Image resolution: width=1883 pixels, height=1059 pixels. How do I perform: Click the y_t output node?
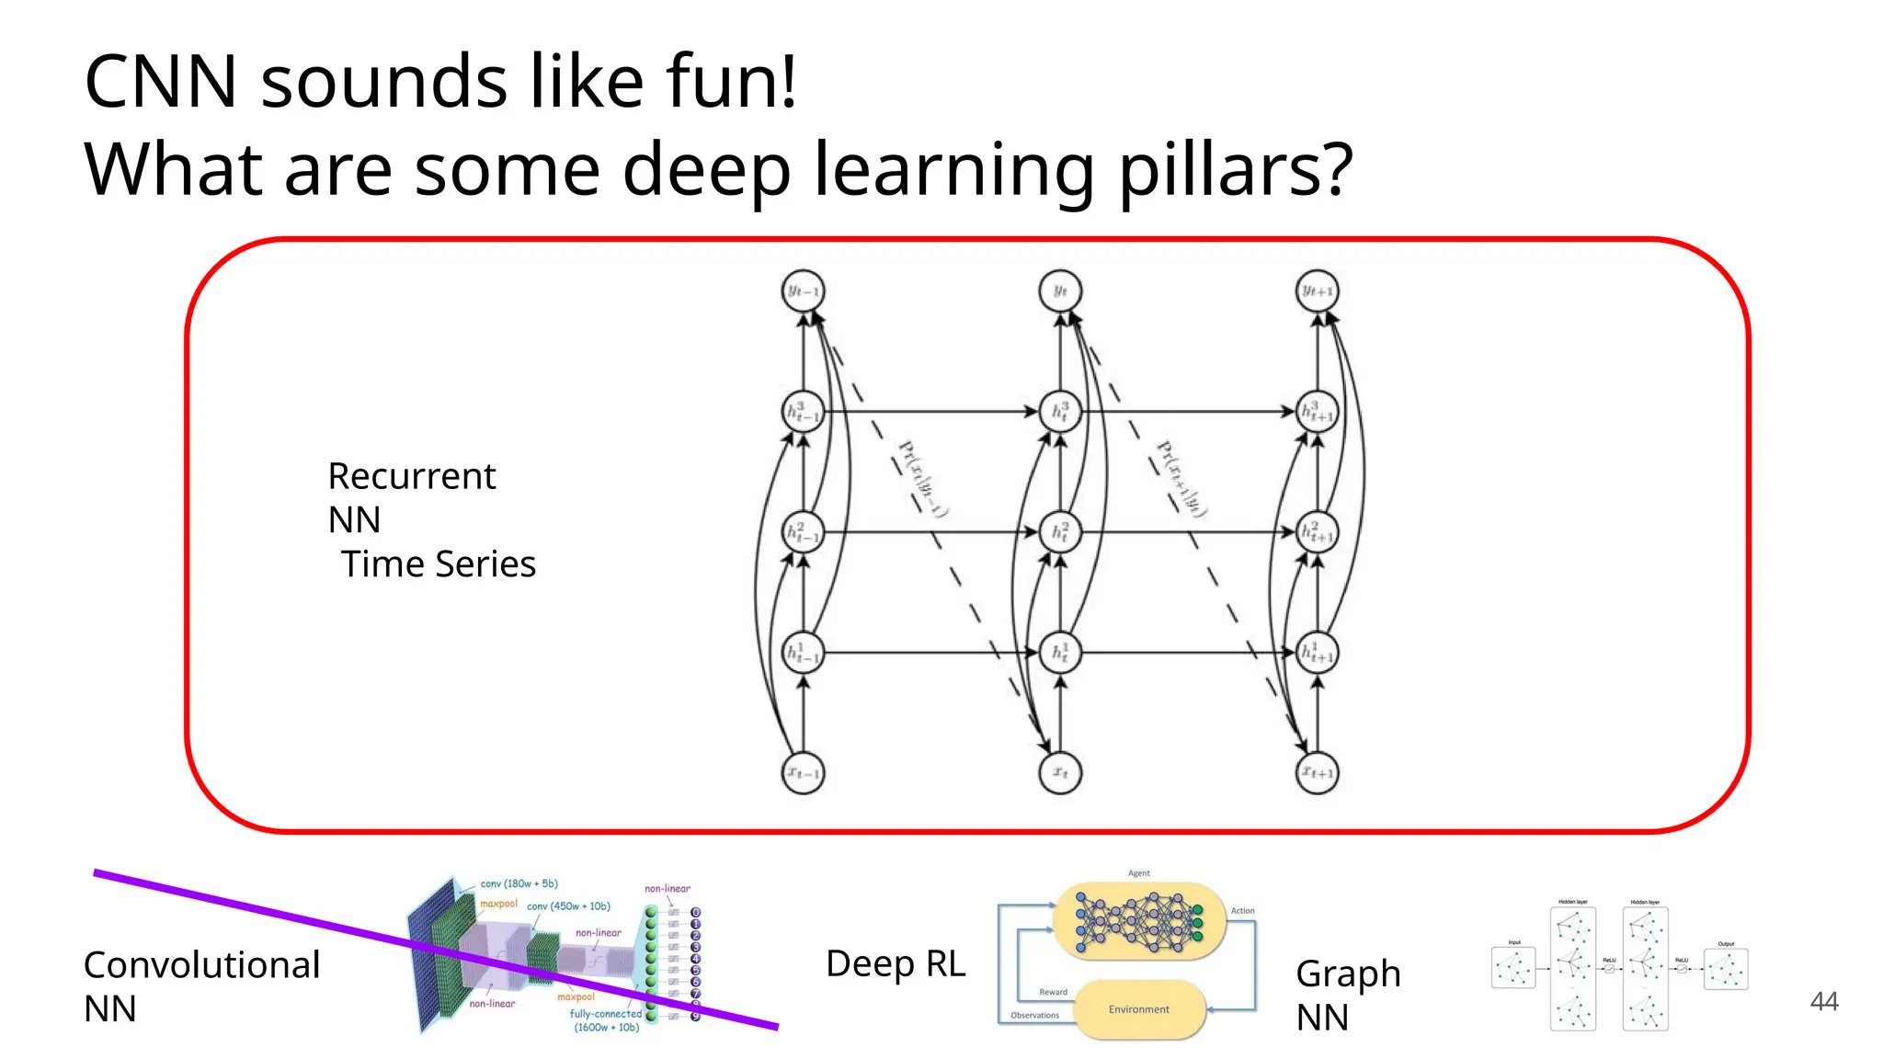click(x=1059, y=291)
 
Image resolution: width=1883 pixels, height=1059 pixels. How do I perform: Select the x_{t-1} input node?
click(x=803, y=773)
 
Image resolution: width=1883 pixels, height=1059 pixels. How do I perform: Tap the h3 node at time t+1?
click(x=1317, y=412)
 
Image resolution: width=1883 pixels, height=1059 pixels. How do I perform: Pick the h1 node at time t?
click(x=1059, y=653)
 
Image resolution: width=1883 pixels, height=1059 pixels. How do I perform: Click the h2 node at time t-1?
click(x=803, y=531)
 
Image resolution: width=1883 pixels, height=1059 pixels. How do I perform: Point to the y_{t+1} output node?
click(x=1317, y=291)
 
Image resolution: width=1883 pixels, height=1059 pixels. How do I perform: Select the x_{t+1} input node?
click(x=1317, y=773)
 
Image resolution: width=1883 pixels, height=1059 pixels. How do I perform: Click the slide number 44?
click(x=1823, y=1001)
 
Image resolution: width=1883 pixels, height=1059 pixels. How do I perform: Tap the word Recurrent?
click(x=411, y=476)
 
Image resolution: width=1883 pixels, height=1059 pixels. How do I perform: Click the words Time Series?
click(x=438, y=564)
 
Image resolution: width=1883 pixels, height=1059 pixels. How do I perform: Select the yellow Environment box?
click(x=1138, y=1009)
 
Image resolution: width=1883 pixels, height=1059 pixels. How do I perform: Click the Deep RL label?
click(x=896, y=963)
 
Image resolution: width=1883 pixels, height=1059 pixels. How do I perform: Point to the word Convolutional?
click(x=201, y=965)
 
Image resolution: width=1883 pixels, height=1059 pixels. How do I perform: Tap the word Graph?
click(x=1348, y=974)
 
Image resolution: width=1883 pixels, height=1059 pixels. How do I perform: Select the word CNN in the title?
click(x=161, y=81)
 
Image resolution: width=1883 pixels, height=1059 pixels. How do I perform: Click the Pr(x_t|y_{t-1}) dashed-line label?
click(x=921, y=479)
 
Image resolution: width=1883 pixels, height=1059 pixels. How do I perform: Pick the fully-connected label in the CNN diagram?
click(x=605, y=1014)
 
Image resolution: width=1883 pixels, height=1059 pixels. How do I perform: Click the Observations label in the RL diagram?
click(x=1034, y=1016)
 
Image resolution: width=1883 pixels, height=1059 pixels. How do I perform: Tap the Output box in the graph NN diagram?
click(x=1725, y=969)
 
